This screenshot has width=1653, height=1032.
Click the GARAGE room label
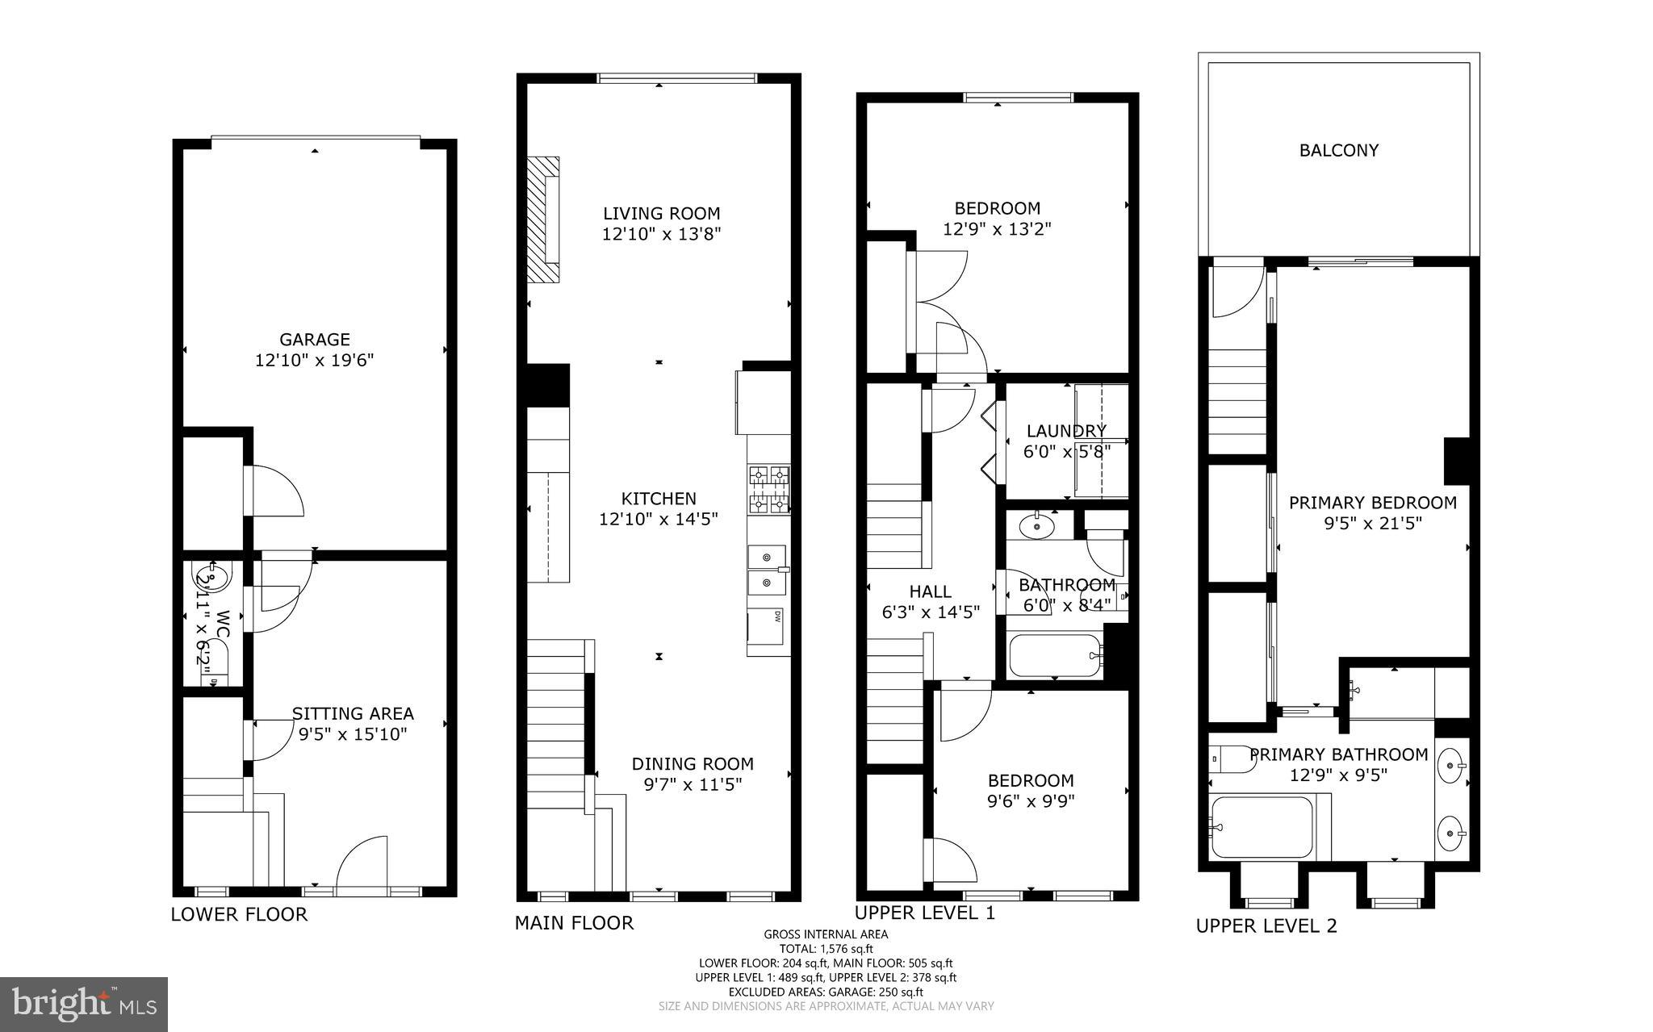(315, 340)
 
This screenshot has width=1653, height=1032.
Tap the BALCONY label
(1338, 150)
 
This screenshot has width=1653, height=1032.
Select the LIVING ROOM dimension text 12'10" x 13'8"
(660, 235)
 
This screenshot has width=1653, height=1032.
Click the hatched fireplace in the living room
(543, 219)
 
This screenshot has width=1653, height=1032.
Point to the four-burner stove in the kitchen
(768, 490)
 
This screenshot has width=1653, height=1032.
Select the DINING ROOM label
(692, 763)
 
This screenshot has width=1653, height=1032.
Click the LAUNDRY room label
(1066, 431)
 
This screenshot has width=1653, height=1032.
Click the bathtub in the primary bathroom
(1262, 828)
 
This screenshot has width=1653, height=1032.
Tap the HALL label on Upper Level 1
(931, 591)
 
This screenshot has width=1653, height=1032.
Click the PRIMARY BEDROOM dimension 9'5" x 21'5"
(1372, 523)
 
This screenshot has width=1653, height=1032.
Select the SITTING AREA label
(353, 713)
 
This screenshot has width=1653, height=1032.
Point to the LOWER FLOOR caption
(239, 914)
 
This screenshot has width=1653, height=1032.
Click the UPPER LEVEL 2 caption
(1266, 926)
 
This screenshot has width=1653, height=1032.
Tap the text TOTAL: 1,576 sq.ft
(826, 949)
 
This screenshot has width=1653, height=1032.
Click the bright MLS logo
(84, 1004)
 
